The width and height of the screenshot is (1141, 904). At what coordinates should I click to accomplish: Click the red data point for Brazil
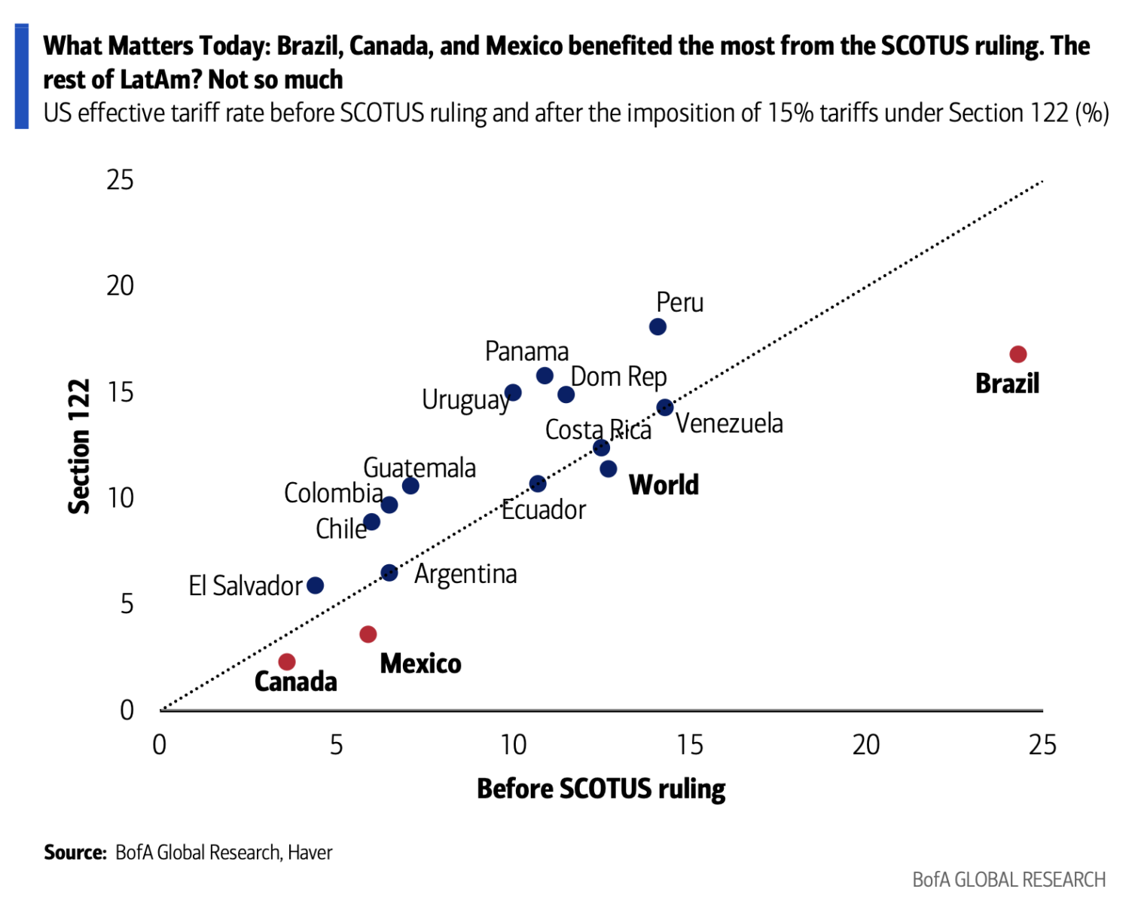click(1017, 354)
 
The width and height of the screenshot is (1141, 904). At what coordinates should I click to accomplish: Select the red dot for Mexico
click(368, 634)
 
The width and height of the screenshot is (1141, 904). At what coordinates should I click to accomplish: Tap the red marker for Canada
click(287, 661)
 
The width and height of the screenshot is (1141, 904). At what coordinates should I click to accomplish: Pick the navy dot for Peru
click(657, 327)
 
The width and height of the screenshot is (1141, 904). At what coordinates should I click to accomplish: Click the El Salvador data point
click(316, 585)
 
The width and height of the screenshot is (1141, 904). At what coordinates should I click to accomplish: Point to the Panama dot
click(545, 375)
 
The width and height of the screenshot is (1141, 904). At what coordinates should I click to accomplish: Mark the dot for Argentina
click(389, 573)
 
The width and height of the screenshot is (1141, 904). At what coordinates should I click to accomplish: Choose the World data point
click(609, 469)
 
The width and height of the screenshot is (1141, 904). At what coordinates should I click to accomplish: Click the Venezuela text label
click(729, 423)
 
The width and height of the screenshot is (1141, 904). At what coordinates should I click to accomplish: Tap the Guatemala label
click(419, 468)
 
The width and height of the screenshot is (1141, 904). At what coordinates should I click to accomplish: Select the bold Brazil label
click(1007, 383)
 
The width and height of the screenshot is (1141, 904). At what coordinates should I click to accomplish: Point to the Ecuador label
click(544, 510)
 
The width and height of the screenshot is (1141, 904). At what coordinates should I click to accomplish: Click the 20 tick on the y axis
click(120, 286)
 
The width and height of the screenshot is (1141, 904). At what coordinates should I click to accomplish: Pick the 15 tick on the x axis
click(690, 745)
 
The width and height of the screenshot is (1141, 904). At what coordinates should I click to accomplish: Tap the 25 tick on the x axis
click(1042, 745)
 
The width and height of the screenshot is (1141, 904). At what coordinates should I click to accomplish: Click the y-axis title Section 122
click(79, 446)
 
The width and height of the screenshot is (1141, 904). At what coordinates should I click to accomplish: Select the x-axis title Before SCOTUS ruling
click(601, 789)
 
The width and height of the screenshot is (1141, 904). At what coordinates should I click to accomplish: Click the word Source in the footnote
click(75, 852)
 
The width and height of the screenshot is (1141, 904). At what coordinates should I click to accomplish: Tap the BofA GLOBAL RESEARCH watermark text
click(1008, 879)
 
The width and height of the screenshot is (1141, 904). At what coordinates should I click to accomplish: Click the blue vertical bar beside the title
click(22, 76)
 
